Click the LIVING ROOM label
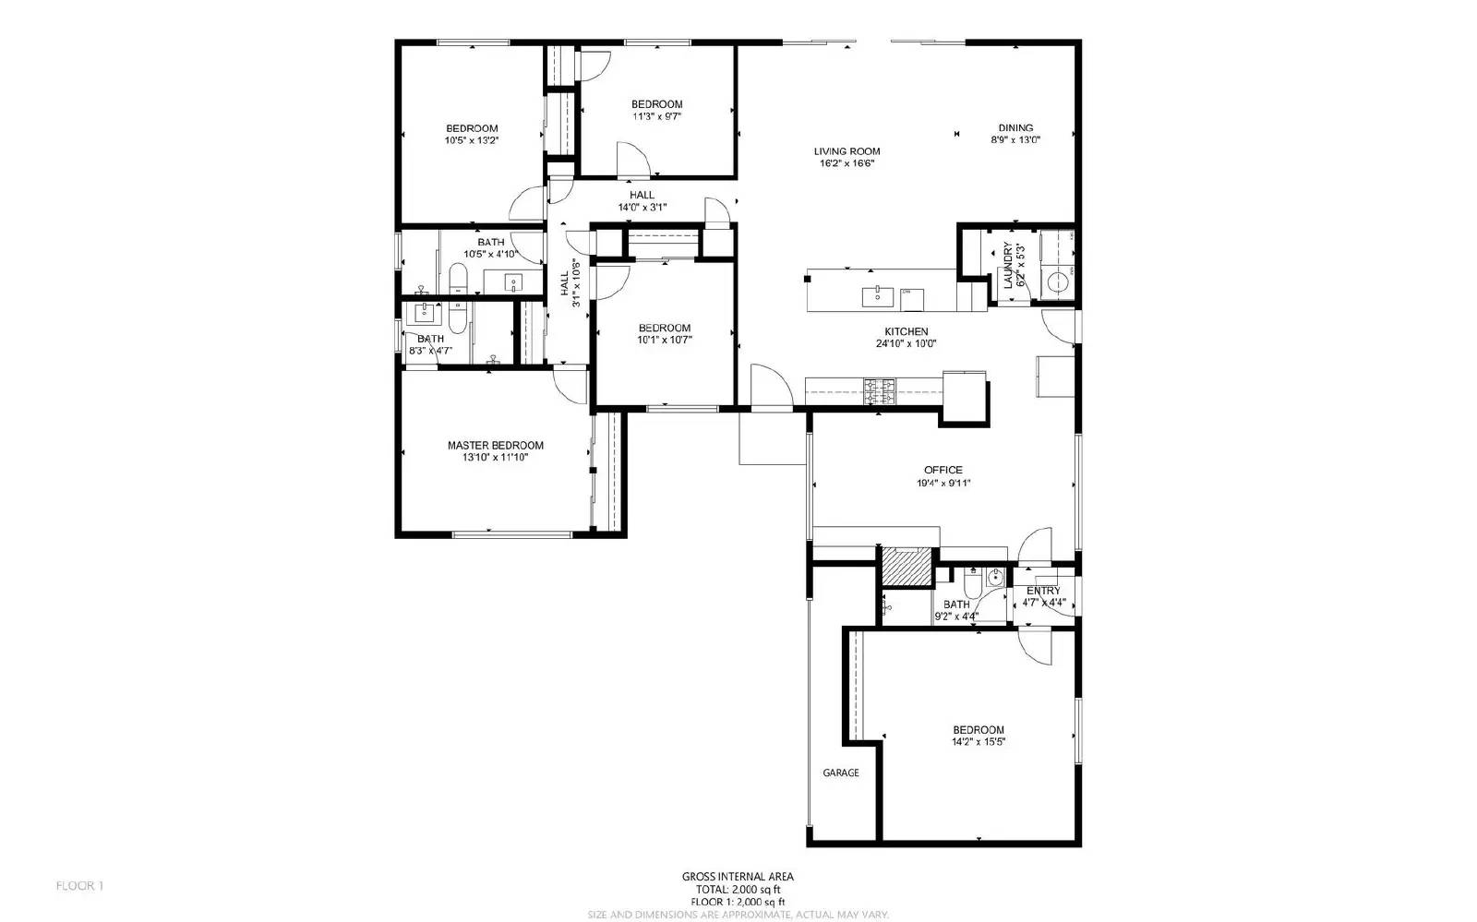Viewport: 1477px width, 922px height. click(847, 151)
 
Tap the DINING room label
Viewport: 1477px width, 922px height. click(1015, 128)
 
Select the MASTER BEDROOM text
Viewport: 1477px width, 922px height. click(496, 445)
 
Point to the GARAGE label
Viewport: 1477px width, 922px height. click(840, 772)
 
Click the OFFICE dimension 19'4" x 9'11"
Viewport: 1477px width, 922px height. click(943, 483)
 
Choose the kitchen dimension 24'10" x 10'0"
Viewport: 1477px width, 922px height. click(907, 343)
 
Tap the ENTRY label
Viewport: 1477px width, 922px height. click(1043, 591)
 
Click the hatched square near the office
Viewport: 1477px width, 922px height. click(905, 566)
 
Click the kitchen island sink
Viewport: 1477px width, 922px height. click(873, 296)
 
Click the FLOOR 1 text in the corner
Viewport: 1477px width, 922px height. click(80, 886)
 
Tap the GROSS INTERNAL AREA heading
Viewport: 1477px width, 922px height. click(738, 877)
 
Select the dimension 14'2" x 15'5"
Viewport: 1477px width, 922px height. click(979, 741)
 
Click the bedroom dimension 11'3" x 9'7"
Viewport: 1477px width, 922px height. click(656, 116)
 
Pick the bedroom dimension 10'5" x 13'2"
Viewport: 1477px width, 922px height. click(472, 140)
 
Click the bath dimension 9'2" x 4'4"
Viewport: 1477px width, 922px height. click(956, 616)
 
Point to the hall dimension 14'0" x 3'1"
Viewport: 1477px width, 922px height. click(642, 207)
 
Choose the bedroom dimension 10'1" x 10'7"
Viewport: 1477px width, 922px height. click(664, 340)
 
